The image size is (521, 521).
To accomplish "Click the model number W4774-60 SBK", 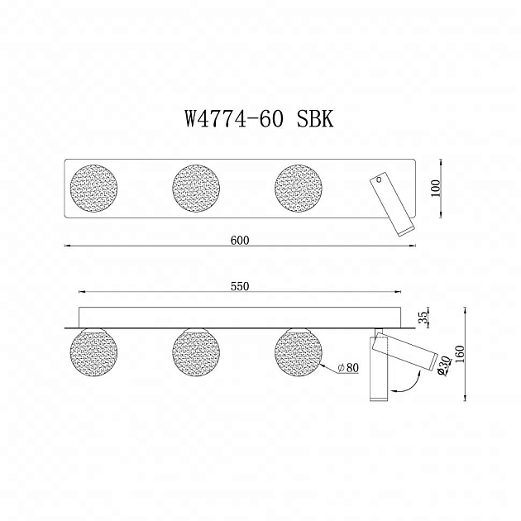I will pos(259,118).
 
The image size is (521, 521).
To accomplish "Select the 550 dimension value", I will pos(240,286).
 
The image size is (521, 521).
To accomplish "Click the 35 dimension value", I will pos(423,317).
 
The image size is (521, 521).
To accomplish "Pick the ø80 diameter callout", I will pos(348,368).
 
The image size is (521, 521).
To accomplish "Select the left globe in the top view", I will pos(93,188).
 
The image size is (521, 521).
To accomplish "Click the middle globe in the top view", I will pos(196,188).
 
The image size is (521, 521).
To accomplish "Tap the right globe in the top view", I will pos(299,188).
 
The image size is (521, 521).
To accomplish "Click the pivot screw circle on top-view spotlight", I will pos(380,179).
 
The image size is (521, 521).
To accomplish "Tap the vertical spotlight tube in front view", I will pos(374,372).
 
